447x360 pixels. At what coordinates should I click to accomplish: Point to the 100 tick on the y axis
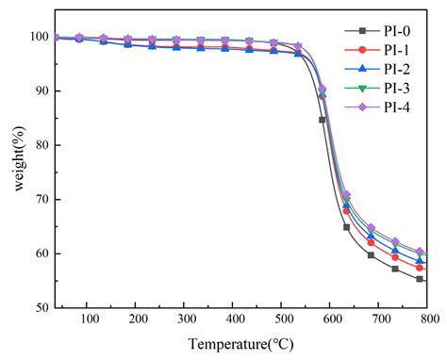pyautogui.click(x=39, y=37)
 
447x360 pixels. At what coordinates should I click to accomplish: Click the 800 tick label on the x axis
pyautogui.click(x=427, y=320)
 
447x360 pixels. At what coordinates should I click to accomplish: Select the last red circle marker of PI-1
pyautogui.click(x=420, y=269)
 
